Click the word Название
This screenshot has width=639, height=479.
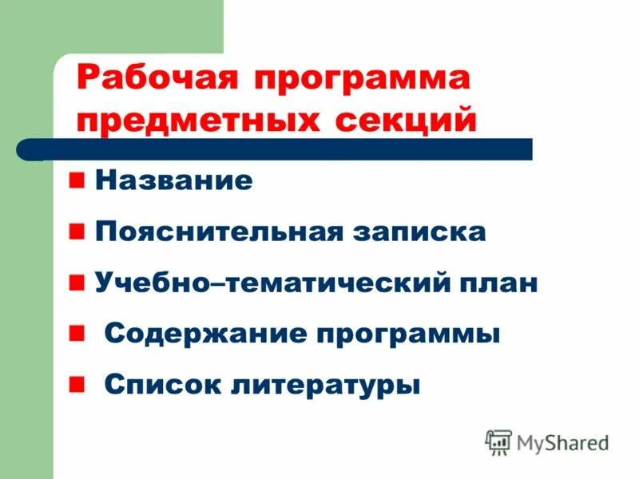click(x=173, y=180)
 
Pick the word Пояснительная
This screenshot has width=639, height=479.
click(x=215, y=232)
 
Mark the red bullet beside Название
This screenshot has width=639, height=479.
click(x=76, y=178)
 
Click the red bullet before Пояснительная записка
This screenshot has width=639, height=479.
click(x=76, y=230)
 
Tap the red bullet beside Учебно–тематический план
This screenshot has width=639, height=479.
click(x=76, y=281)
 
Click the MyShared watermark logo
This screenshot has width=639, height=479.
click(x=547, y=441)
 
